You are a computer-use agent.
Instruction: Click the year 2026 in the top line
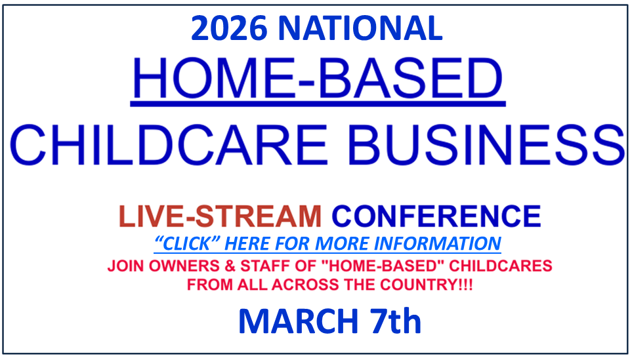point(229,28)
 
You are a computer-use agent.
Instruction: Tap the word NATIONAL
point(360,28)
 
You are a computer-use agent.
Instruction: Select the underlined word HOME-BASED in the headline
point(318,78)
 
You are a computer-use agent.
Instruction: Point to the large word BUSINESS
point(486,145)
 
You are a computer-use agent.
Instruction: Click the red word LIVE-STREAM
point(220,216)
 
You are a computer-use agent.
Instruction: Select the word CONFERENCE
point(436,216)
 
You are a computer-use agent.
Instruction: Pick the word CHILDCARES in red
point(501,266)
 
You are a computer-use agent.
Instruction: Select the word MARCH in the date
point(299,321)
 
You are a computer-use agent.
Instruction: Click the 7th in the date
point(396,321)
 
